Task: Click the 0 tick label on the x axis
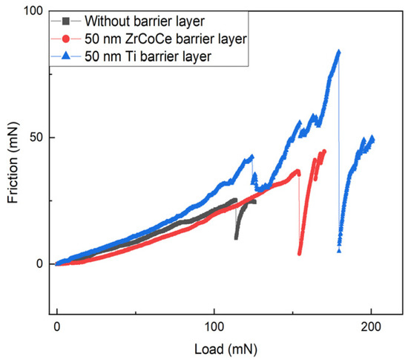click(57, 327)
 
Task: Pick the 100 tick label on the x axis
click(214, 327)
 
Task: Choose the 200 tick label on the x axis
click(371, 327)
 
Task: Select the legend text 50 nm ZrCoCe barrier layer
click(154, 36)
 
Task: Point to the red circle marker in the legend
click(68, 36)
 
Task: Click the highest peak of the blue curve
click(339, 52)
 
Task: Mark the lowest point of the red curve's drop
click(300, 253)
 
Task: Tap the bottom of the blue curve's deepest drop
click(339, 251)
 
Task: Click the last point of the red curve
click(323, 151)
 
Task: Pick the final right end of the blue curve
click(372, 139)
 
